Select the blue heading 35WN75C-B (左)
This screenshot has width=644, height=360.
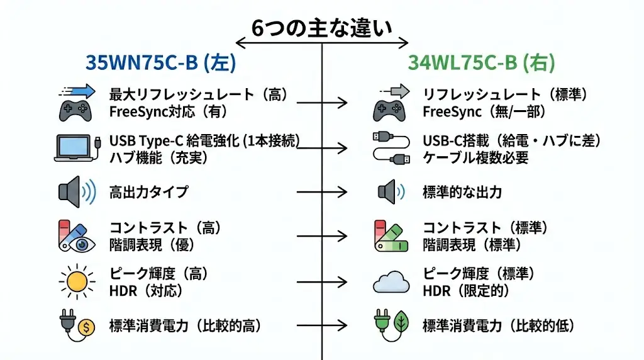160,64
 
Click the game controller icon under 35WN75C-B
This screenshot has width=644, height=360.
75,111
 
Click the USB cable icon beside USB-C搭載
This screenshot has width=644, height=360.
391,148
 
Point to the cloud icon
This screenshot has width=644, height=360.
391,283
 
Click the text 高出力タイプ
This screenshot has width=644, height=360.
148,192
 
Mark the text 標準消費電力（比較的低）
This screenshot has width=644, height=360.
498,326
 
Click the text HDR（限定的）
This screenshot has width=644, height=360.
465,291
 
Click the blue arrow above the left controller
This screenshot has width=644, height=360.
77,92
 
